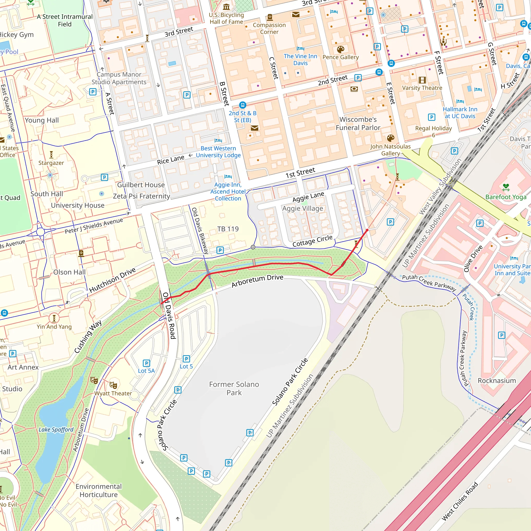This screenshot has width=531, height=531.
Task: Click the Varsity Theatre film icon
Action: click(x=422, y=80)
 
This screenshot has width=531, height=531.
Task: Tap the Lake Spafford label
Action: click(x=56, y=430)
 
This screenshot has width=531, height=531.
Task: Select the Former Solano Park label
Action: click(x=234, y=388)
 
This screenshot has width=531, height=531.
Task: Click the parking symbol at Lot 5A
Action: click(x=146, y=363)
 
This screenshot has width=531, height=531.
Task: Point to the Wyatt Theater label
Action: click(x=113, y=393)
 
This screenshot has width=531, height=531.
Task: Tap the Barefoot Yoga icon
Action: click(x=506, y=187)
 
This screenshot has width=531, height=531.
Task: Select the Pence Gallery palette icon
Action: click(x=340, y=50)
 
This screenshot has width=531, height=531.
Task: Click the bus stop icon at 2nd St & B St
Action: click(x=242, y=105)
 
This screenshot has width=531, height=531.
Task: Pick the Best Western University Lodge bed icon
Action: click(x=218, y=141)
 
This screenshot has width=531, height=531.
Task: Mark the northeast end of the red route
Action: click(x=367, y=230)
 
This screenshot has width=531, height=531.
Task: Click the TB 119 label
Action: click(x=228, y=229)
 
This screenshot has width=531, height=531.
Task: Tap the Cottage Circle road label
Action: click(x=312, y=241)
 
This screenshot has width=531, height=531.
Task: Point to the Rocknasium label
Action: click(x=497, y=381)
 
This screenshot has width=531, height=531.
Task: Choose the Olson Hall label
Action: click(x=69, y=272)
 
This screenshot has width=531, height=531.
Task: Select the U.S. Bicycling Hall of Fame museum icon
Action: click(x=226, y=6)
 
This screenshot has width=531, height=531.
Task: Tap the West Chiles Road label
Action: click(x=459, y=501)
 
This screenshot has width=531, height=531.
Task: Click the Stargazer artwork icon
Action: click(x=51, y=155)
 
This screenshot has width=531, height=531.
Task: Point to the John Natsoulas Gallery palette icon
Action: click(x=390, y=138)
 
